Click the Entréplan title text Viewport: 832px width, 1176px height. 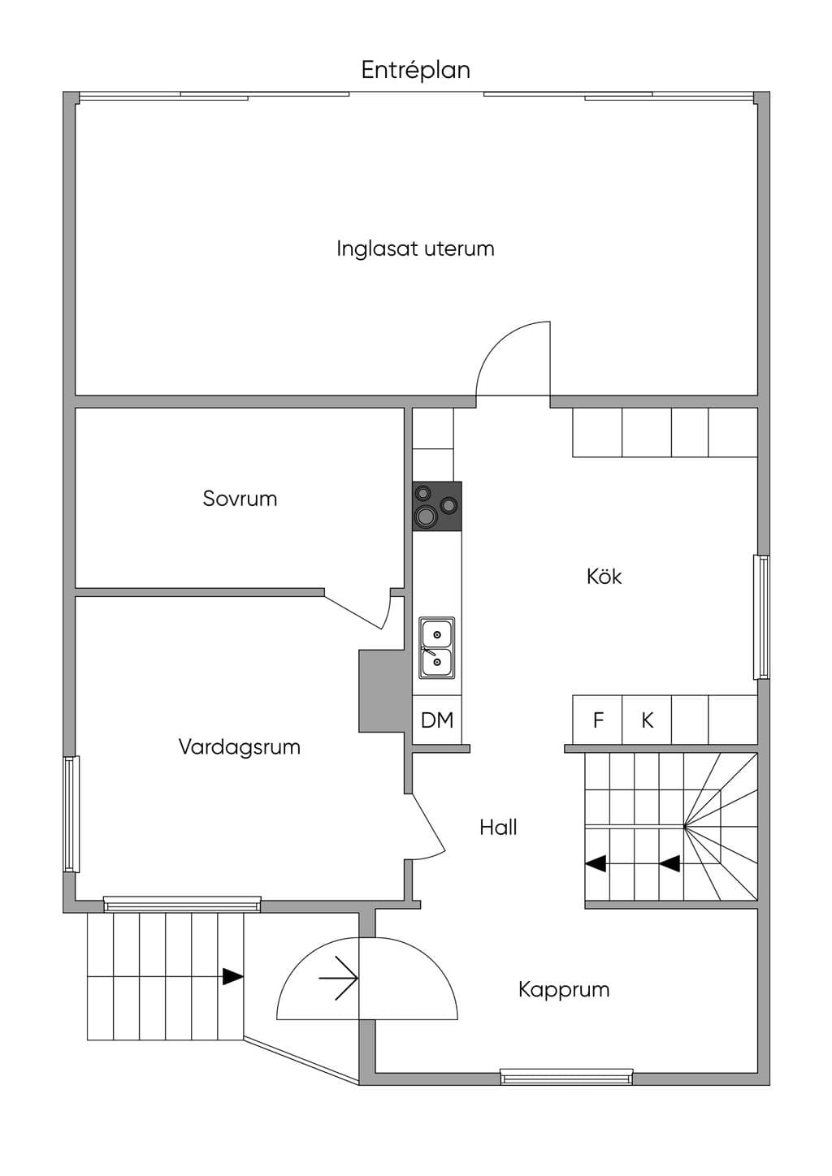coord(415,71)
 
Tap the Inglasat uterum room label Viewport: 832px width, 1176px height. coord(415,249)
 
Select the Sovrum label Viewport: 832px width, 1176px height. coord(240,498)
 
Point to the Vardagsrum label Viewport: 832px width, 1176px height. coord(240,746)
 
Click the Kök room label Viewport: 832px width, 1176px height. coord(604,577)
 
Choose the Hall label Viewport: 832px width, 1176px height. coord(498,828)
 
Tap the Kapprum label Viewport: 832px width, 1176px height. coord(564,990)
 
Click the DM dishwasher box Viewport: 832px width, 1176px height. coord(437,720)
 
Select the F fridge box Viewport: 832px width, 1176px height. coord(597,720)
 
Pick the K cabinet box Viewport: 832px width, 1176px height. coord(647,720)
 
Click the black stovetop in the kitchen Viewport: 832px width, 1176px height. coord(437,506)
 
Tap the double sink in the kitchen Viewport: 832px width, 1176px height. coord(436,648)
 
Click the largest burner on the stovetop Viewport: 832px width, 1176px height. coord(424,517)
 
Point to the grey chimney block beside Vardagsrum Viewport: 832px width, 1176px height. coord(382,691)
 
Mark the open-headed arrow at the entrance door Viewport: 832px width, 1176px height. coord(338,978)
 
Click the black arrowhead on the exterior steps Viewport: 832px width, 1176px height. coord(232,976)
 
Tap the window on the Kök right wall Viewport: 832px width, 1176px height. coord(761,617)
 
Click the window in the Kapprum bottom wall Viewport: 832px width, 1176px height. coord(566,1077)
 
